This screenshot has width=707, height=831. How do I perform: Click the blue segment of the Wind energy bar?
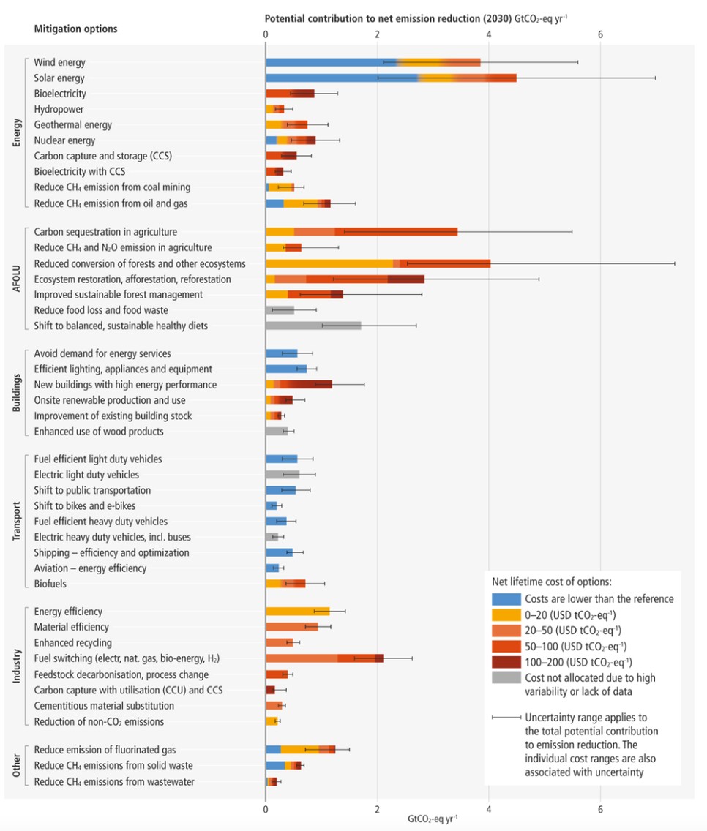pyautogui.click(x=329, y=62)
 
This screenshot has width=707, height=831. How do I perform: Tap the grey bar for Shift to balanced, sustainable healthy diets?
pyautogui.click(x=313, y=326)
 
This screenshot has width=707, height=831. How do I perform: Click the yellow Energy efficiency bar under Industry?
pyautogui.click(x=296, y=612)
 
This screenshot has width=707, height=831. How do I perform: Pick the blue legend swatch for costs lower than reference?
pyautogui.click(x=506, y=598)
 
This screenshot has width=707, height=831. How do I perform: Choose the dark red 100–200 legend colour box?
pyautogui.click(x=506, y=663)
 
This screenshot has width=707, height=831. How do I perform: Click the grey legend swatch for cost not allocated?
pyautogui.click(x=506, y=678)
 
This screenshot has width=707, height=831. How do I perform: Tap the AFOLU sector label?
pyautogui.click(x=18, y=279)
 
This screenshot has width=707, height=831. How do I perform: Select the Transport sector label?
pyautogui.click(x=18, y=521)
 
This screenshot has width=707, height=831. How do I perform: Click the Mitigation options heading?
pyautogui.click(x=75, y=29)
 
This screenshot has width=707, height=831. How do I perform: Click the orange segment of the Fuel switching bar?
pyautogui.click(x=300, y=658)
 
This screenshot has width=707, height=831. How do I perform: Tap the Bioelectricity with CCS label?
pyautogui.click(x=80, y=171)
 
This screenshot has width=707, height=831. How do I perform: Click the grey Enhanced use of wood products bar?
pyautogui.click(x=276, y=432)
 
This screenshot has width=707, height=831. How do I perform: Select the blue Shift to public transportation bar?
pyautogui.click(x=280, y=490)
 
